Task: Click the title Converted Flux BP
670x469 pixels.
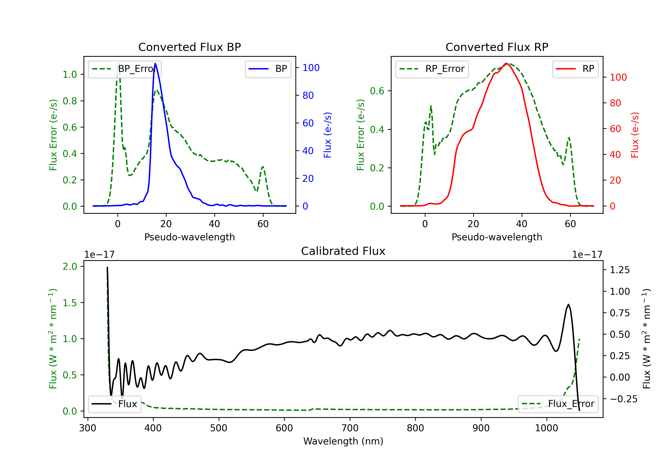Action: pyautogui.click(x=189, y=47)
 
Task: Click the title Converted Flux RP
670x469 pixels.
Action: pyautogui.click(x=497, y=47)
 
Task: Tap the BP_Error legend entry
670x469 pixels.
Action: pyautogui.click(x=125, y=69)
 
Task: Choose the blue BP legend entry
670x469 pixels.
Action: pyautogui.click(x=268, y=69)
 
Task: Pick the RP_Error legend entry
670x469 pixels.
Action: pyautogui.click(x=432, y=69)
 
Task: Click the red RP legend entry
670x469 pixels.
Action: pyautogui.click(x=575, y=69)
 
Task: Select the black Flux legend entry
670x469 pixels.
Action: pyautogui.click(x=115, y=404)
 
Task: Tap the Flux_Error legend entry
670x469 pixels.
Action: pyautogui.click(x=558, y=404)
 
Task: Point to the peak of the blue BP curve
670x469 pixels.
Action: pyautogui.click(x=155, y=63)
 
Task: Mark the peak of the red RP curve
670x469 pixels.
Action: pyautogui.click(x=507, y=63)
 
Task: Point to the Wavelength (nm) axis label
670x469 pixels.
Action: pyautogui.click(x=343, y=441)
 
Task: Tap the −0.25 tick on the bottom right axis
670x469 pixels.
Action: pyautogui.click(x=623, y=399)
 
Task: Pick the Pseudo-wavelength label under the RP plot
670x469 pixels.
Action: pyautogui.click(x=497, y=237)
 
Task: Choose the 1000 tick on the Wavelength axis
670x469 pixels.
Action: pyautogui.click(x=546, y=428)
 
